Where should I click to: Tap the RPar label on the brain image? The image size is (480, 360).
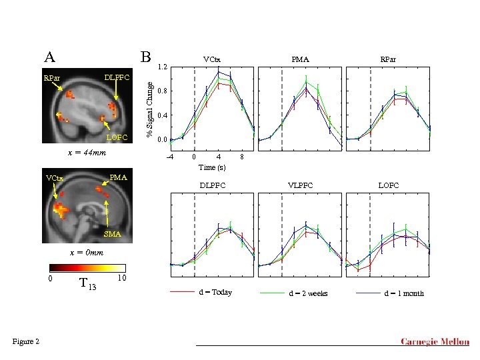[51, 79]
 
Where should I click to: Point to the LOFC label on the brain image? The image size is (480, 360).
[117, 137]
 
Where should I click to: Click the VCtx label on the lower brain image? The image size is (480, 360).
[55, 179]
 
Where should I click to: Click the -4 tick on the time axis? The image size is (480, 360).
[169, 157]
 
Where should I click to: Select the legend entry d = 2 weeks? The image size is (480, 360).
[308, 293]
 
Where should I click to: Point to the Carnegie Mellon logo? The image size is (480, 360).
[434, 342]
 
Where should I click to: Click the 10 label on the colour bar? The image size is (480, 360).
[121, 277]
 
